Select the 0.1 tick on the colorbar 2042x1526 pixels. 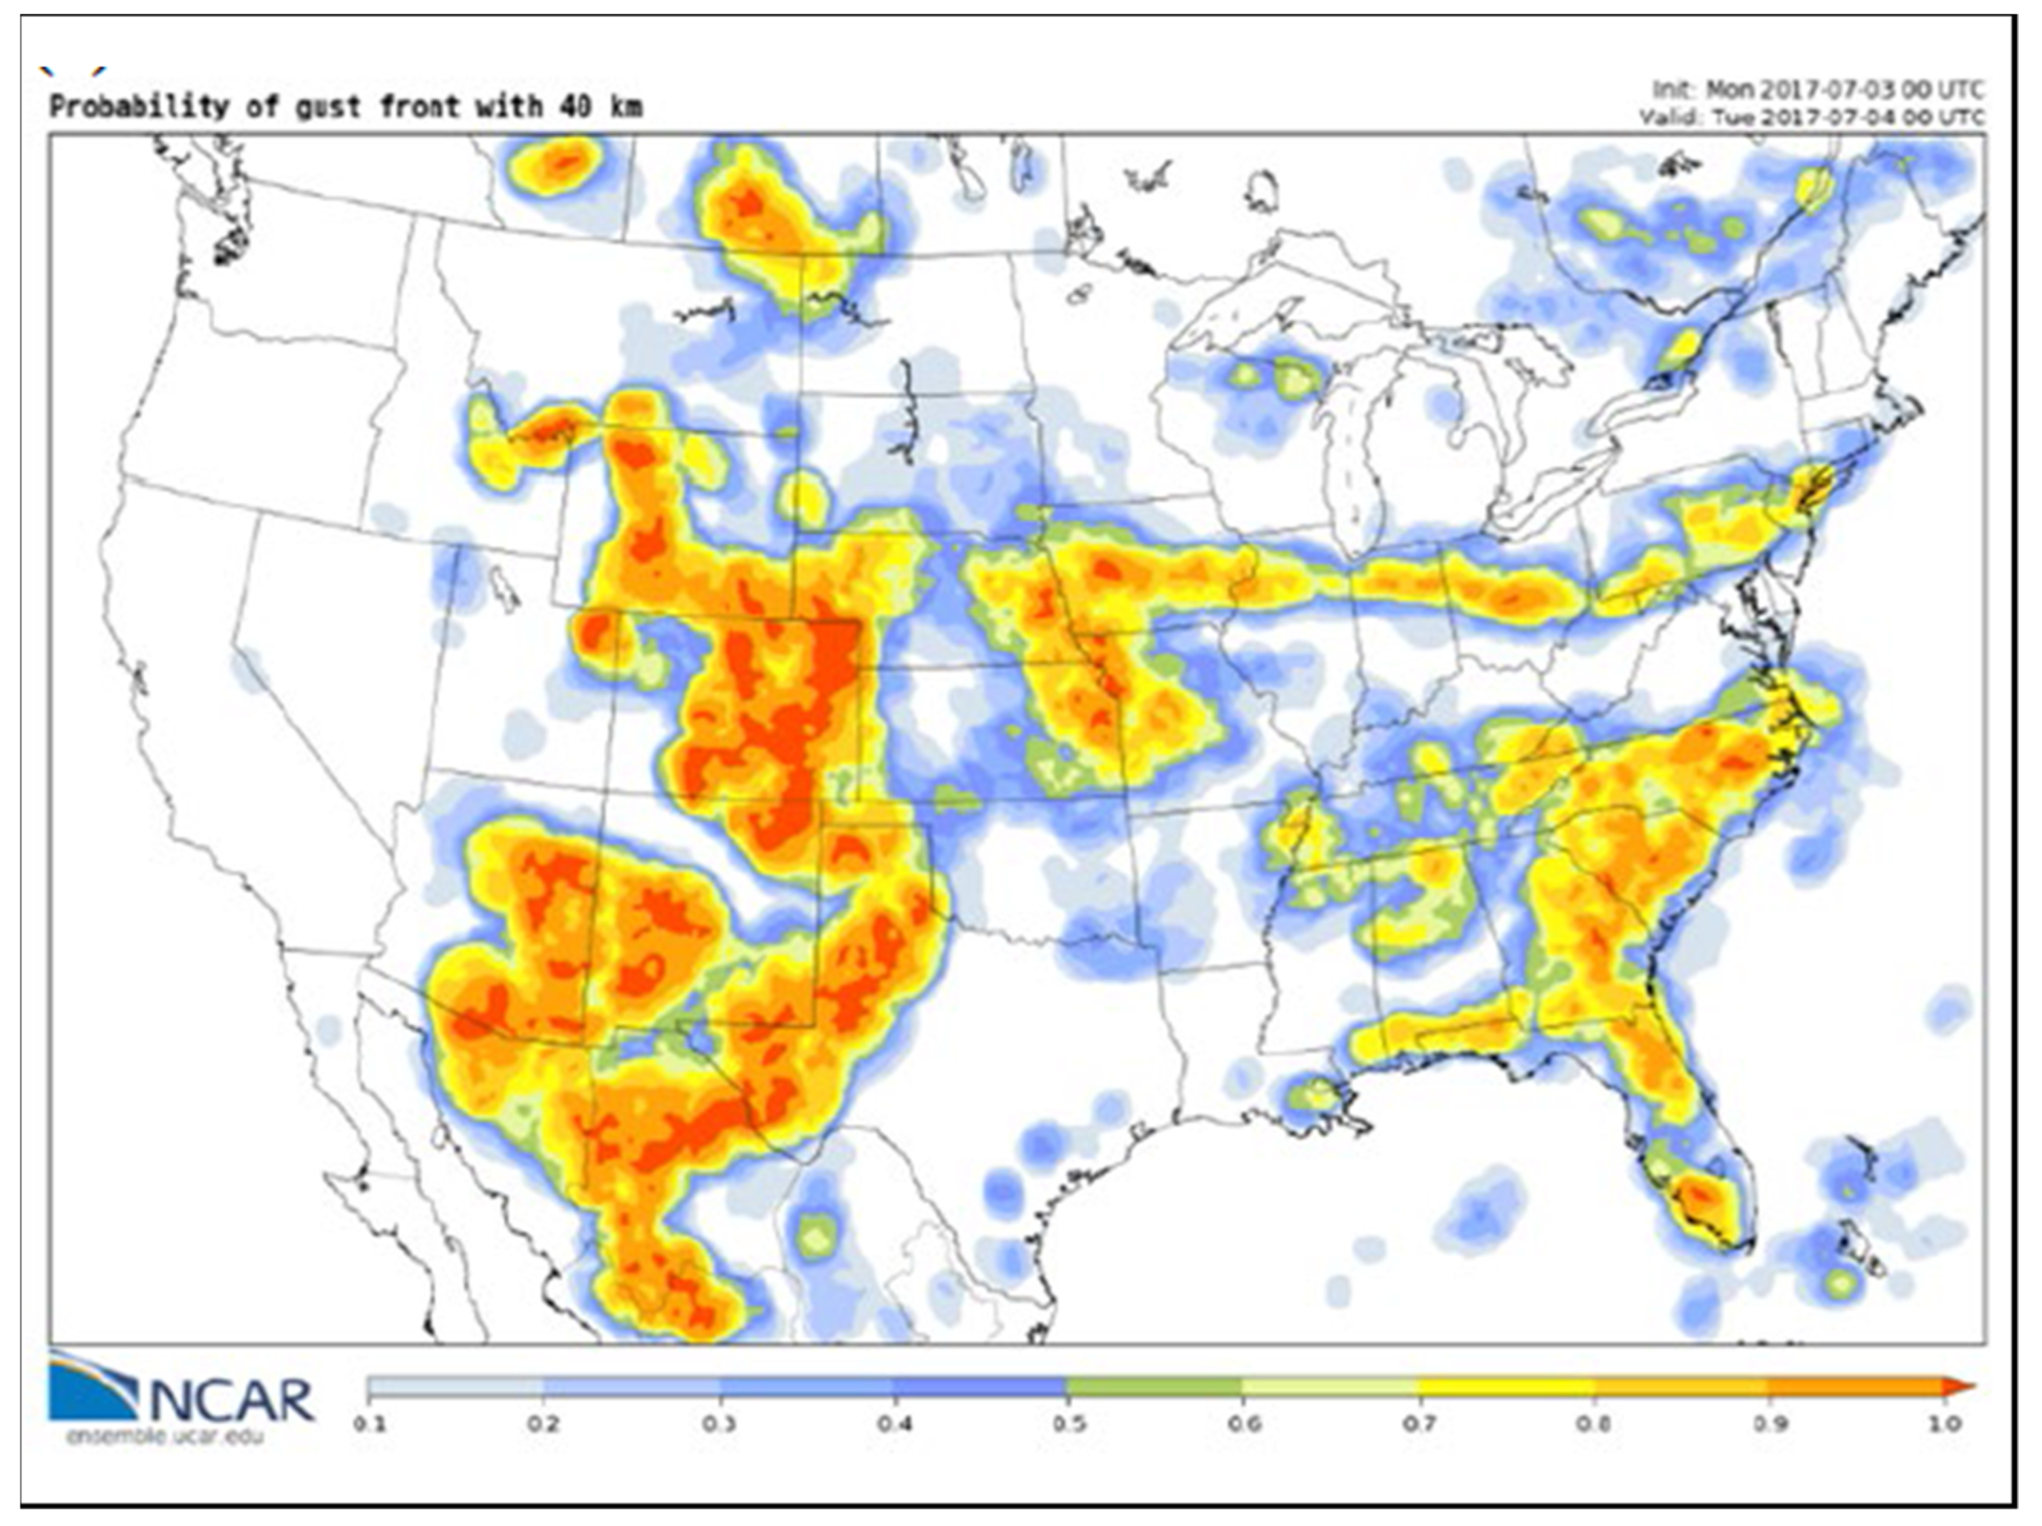coord(368,1423)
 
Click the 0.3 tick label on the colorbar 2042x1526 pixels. coord(718,1423)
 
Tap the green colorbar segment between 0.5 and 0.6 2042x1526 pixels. coord(1155,1386)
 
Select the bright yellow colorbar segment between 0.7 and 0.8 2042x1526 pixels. coord(1504,1386)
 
